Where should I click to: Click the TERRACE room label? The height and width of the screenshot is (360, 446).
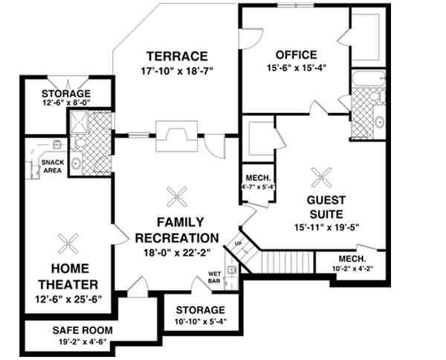coord(176,57)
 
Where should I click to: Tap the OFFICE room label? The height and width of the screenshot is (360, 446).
coord(296,55)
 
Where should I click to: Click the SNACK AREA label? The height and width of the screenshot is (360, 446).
coord(52,166)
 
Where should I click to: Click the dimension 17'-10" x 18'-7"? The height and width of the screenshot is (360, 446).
coord(176,71)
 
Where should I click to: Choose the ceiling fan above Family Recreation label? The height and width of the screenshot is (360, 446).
coord(177,196)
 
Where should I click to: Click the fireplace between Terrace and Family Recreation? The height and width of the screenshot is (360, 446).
coord(177,137)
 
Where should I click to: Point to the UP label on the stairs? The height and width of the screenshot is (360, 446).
coord(238,243)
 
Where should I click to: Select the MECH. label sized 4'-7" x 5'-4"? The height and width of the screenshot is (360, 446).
coord(257,179)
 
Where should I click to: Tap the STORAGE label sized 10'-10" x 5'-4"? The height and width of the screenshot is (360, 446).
coord(201,310)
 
